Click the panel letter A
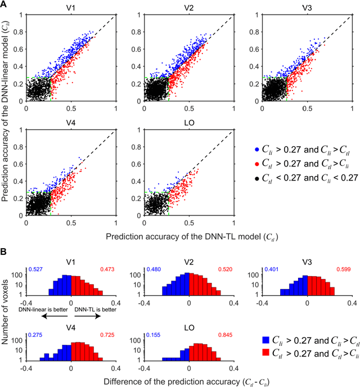pyautogui.click(x=5, y=5)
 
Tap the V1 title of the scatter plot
pyautogui.click(x=71, y=8)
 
